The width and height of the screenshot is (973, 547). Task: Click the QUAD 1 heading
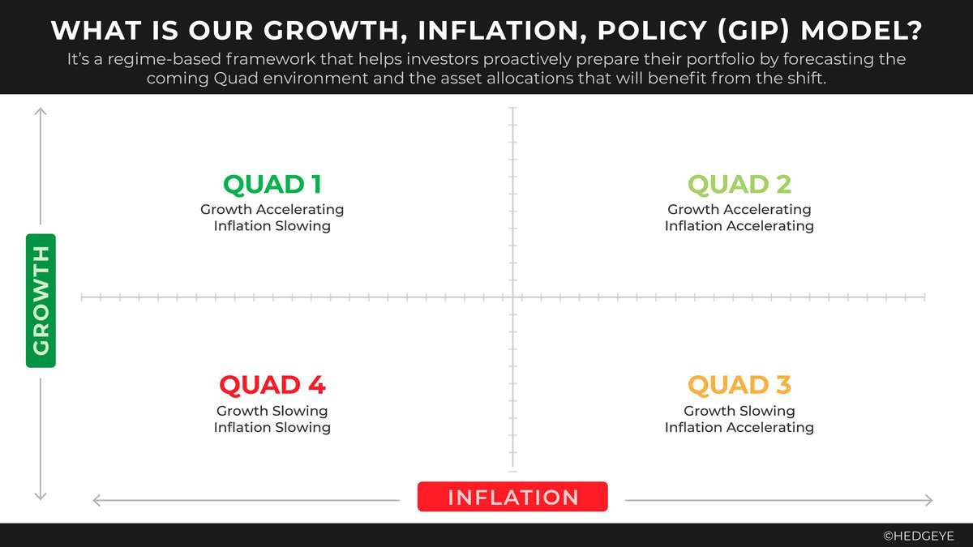click(x=272, y=184)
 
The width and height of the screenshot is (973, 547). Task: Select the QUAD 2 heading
click(x=739, y=184)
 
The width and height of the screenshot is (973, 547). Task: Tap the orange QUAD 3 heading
click(x=739, y=385)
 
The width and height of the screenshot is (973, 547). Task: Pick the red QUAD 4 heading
click(x=272, y=385)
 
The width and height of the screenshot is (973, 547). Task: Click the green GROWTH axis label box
click(x=41, y=301)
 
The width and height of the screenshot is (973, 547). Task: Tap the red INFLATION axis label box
click(x=512, y=496)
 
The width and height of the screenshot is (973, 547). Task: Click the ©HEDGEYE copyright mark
click(x=919, y=536)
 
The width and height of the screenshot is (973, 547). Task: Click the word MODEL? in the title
click(x=861, y=31)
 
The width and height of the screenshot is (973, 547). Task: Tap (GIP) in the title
click(x=753, y=31)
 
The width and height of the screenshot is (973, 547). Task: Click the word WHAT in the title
click(x=96, y=31)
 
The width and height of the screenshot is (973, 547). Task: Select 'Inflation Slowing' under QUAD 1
click(x=272, y=226)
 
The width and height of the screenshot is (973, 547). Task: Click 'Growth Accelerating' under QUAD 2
click(x=739, y=209)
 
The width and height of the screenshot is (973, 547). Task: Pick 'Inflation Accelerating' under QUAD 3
click(x=739, y=427)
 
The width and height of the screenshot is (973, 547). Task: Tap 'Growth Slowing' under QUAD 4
click(x=272, y=411)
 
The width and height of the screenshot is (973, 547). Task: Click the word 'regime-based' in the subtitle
click(x=166, y=59)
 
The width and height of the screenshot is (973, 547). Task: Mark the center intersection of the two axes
click(x=513, y=297)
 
